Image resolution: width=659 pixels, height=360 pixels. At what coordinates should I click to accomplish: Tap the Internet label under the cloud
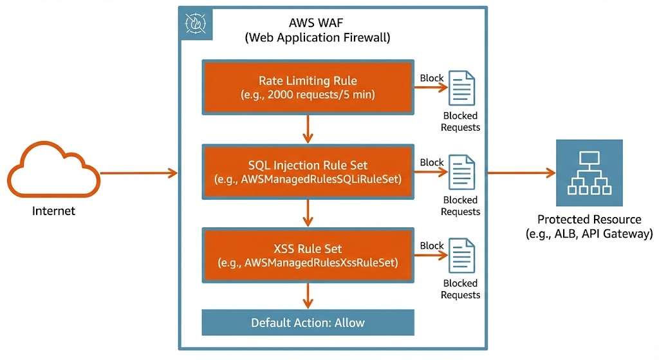(x=53, y=211)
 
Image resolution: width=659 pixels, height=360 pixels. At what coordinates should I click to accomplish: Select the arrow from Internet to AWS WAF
(x=138, y=173)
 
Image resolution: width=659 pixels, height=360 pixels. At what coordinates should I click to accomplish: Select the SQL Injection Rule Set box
(x=308, y=171)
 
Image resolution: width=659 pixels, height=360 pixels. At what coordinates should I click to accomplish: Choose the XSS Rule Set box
(x=308, y=255)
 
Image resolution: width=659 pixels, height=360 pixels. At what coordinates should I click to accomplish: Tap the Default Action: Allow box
(x=308, y=323)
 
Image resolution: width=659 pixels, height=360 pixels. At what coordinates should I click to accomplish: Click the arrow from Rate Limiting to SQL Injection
(x=308, y=129)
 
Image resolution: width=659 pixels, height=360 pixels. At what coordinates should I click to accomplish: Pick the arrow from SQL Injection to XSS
(x=308, y=213)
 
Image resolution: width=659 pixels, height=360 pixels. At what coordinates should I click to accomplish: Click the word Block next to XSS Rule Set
(x=431, y=245)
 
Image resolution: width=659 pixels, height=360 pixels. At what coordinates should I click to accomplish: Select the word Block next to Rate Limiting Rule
(x=431, y=78)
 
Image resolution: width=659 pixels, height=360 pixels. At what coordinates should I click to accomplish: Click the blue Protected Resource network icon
(x=589, y=173)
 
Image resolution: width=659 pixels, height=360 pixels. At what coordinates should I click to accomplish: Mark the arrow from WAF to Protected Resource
(x=521, y=173)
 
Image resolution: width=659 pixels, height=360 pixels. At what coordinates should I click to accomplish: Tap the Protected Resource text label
(x=589, y=226)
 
